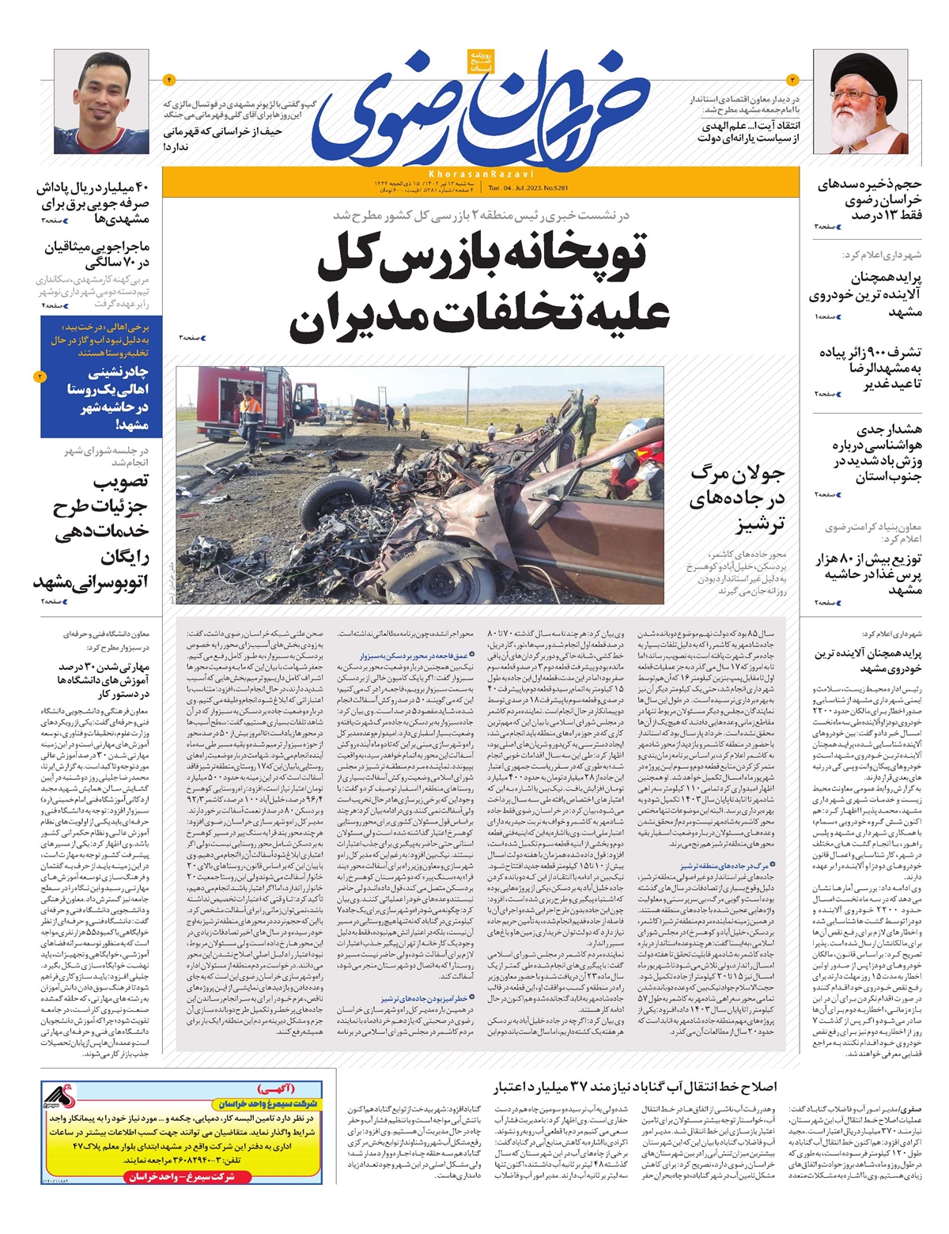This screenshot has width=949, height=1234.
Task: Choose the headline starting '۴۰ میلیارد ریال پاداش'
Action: (93, 203)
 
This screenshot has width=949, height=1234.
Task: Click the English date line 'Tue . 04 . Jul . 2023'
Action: (524, 188)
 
